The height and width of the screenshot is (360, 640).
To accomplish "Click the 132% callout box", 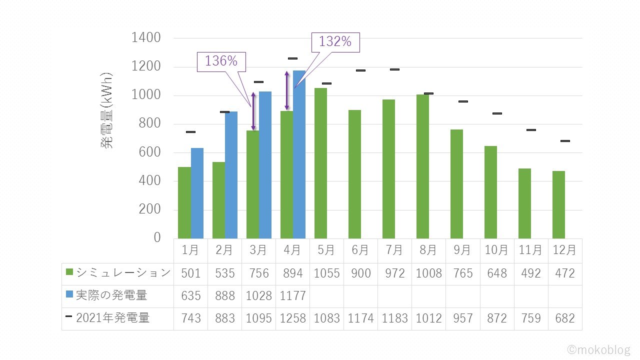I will click(x=335, y=42).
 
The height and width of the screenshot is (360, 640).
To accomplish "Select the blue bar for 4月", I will click(x=299, y=155).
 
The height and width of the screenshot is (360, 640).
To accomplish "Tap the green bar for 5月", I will click(x=320, y=163).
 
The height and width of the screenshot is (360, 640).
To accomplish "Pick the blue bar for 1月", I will click(x=197, y=193).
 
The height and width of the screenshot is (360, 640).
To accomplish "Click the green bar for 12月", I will click(x=558, y=204).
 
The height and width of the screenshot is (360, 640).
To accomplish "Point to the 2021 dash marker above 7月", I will click(x=394, y=69).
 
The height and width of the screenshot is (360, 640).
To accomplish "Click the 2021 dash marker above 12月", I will click(x=565, y=141).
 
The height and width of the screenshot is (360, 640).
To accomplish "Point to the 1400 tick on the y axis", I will click(x=146, y=38).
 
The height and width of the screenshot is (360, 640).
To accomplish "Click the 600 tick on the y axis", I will click(x=146, y=152).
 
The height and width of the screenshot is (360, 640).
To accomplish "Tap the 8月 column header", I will click(x=428, y=250).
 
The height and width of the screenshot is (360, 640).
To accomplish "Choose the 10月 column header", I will click(x=496, y=250).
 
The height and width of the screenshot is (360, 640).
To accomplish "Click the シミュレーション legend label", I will click(x=123, y=273).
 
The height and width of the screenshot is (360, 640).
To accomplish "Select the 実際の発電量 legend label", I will click(x=111, y=295).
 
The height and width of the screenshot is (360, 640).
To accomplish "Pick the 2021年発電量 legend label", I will click(x=112, y=318).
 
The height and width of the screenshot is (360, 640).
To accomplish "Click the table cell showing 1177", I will click(x=292, y=296).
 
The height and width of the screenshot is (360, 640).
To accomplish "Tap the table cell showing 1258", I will click(x=292, y=318).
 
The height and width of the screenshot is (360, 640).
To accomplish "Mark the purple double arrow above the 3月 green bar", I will click(x=253, y=111).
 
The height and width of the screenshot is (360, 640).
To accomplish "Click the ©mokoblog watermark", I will click(x=599, y=349).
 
